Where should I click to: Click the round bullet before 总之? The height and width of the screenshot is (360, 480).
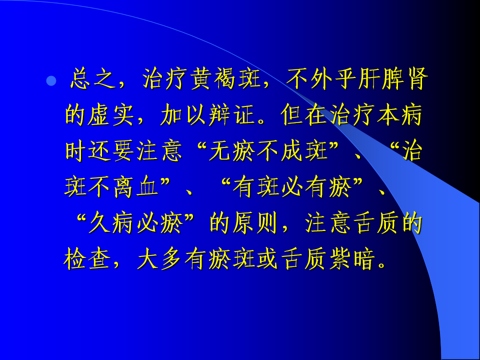51,81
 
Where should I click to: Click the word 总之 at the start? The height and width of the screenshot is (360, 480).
93,79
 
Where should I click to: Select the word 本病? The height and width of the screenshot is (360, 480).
400,115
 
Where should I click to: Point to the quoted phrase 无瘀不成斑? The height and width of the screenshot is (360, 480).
269,151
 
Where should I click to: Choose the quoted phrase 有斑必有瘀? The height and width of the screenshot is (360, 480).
292,186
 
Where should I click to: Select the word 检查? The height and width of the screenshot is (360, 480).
87,259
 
